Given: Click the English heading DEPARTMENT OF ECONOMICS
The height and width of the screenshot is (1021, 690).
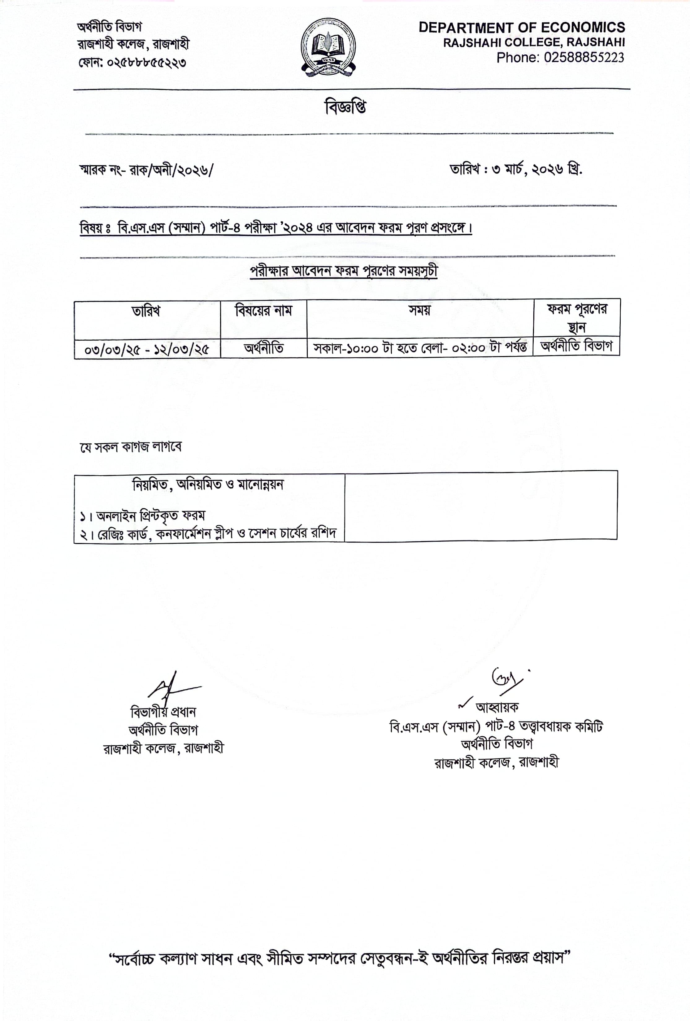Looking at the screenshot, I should tap(521, 28).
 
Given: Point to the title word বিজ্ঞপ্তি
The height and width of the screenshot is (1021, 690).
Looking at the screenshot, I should tap(345, 107).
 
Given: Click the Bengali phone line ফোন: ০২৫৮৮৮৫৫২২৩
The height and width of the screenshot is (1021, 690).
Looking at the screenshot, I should tap(132, 62).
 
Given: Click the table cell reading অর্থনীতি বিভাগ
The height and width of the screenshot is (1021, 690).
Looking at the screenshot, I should tap(576, 347).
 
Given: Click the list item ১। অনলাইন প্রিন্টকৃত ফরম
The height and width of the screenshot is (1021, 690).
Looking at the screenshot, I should tap(142, 515).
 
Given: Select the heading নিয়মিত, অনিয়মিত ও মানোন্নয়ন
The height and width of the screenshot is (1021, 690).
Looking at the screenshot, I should tap(208, 485).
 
